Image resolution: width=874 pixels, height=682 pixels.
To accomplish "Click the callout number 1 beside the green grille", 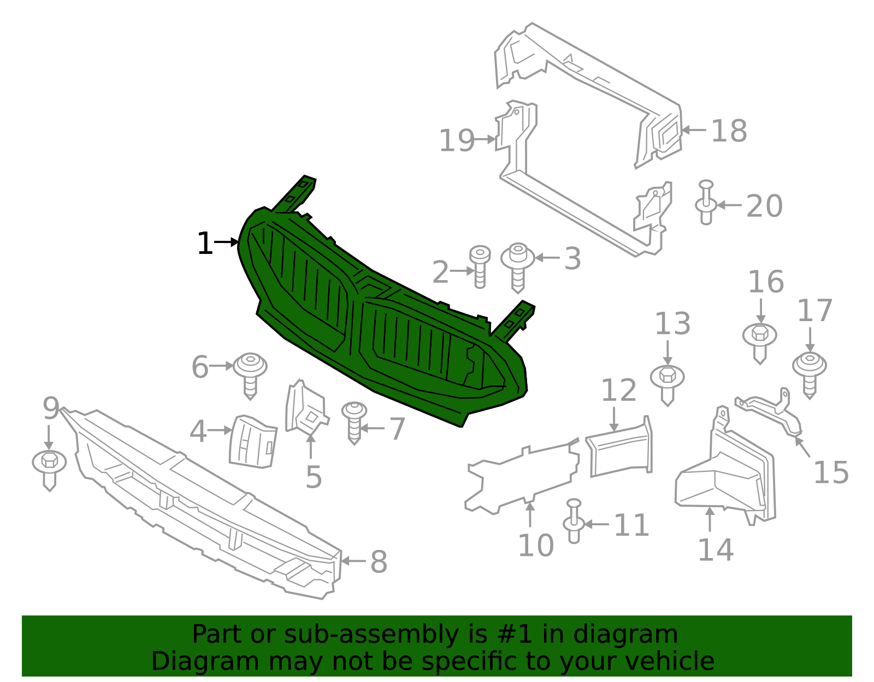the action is [205, 244].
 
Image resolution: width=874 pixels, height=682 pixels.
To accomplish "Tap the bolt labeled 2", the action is [480, 267].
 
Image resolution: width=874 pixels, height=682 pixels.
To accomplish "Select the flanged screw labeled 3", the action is [518, 267].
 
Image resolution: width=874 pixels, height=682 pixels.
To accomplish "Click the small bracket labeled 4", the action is [252, 442].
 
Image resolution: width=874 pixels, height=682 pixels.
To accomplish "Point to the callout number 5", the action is [314, 477].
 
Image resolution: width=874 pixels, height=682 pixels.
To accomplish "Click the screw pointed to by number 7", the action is [355, 423].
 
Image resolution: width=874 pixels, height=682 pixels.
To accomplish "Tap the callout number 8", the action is [379, 562].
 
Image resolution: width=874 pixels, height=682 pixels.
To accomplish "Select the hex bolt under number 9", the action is [50, 471].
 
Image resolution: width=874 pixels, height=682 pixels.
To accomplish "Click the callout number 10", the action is [536, 545].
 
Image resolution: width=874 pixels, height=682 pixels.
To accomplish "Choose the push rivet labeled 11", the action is [574, 521].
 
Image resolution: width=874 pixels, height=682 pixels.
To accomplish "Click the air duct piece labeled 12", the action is [620, 447].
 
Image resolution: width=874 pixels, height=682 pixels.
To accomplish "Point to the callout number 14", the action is [716, 550].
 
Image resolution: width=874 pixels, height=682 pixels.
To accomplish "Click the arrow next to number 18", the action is [695, 130].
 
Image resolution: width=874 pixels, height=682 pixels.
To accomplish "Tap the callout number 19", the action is [457, 141].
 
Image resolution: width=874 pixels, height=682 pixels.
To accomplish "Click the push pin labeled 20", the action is [706, 202].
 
